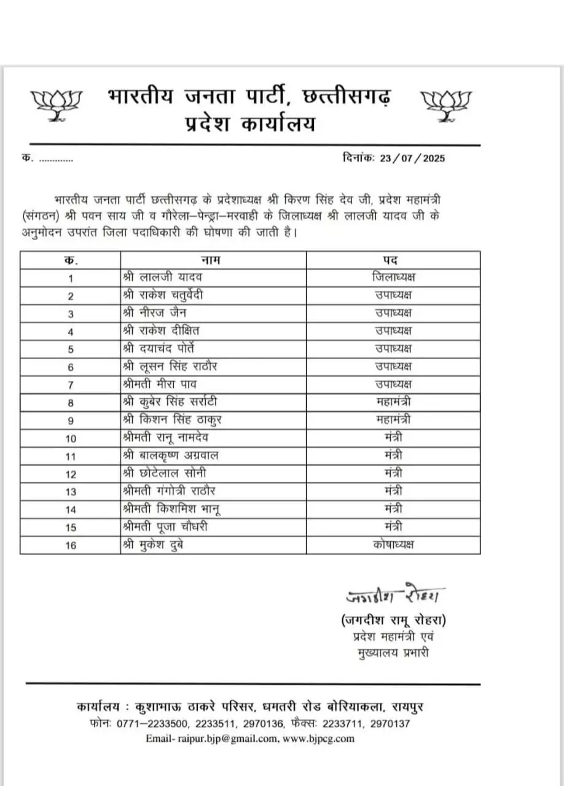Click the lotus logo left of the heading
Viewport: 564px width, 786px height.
click(57, 103)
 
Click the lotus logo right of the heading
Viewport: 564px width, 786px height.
click(445, 103)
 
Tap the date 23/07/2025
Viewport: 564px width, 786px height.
click(412, 158)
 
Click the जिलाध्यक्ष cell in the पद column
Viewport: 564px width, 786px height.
click(398, 278)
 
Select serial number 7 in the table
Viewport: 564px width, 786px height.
click(71, 385)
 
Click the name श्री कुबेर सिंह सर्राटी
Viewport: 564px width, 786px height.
click(170, 402)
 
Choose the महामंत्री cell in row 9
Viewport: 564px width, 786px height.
click(393, 420)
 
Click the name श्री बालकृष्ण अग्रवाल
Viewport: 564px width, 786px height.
click(171, 456)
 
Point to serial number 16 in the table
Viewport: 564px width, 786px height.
click(71, 545)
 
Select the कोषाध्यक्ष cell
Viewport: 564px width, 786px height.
click(393, 545)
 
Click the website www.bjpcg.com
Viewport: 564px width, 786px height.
click(318, 739)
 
